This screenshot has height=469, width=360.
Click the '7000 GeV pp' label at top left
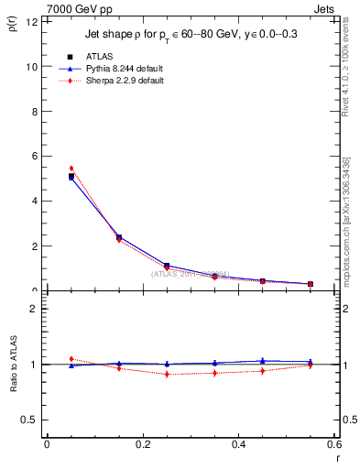tap(72, 7)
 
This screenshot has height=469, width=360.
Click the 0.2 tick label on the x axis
tap(142, 444)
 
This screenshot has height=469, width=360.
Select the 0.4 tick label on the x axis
tap(238, 444)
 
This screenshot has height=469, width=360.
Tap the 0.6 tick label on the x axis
tap(333, 444)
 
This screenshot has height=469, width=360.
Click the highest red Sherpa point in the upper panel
tap(71, 169)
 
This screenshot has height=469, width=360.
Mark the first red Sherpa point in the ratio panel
tap(71, 359)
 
